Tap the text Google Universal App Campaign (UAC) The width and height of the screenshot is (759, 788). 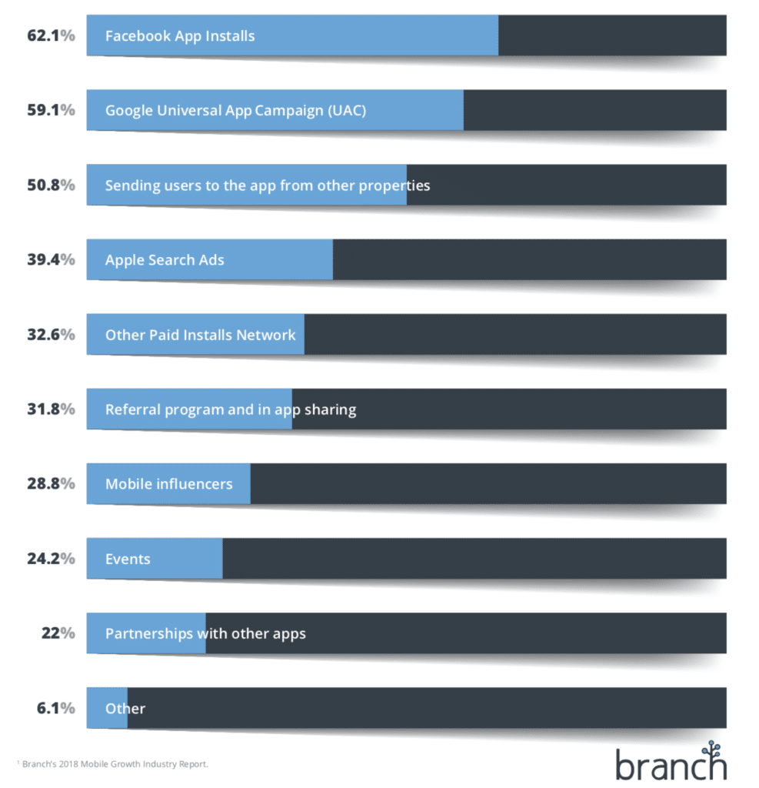pos(235,110)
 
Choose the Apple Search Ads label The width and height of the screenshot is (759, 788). pos(165,259)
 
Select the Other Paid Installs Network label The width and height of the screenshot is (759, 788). pos(200,335)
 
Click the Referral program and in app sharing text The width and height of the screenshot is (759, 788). pos(231,409)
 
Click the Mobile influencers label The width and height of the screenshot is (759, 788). pos(168,484)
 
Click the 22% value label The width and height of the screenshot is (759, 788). pos(58,633)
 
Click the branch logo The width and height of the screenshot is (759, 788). pos(670,761)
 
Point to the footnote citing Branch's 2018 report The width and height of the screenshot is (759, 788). pos(112,764)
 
